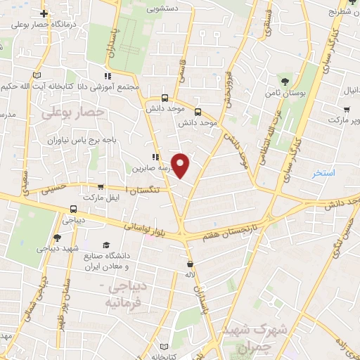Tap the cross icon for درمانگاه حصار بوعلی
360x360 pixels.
(44, 13)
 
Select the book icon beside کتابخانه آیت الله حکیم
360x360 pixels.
(37, 73)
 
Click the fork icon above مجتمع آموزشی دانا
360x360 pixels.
(107, 76)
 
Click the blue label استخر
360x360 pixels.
(324, 172)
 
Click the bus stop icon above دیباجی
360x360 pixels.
(74, 209)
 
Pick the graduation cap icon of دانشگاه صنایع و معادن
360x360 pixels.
(105, 245)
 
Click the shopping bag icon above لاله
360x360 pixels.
(190, 265)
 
